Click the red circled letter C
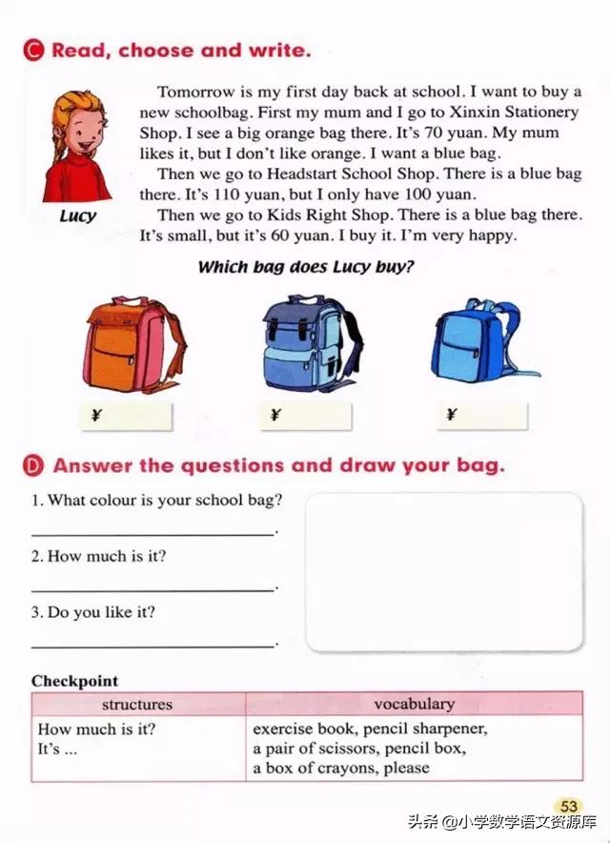pyautogui.click(x=36, y=51)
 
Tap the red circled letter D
pyautogui.click(x=36, y=466)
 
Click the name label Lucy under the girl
pyautogui.click(x=78, y=216)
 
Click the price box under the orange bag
pyautogui.click(x=130, y=416)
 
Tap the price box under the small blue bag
pyautogui.click(x=482, y=416)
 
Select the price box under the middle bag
pyautogui.click(x=306, y=416)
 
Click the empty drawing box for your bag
pyautogui.click(x=444, y=571)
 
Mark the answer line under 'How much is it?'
pyautogui.click(x=152, y=589)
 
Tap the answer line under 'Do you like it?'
pyautogui.click(x=152, y=646)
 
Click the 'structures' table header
pyautogui.click(x=137, y=705)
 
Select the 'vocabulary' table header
pyautogui.click(x=414, y=705)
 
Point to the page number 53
pyautogui.click(x=570, y=807)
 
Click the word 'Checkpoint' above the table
pyautogui.click(x=75, y=681)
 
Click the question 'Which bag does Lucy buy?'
pyautogui.click(x=306, y=267)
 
